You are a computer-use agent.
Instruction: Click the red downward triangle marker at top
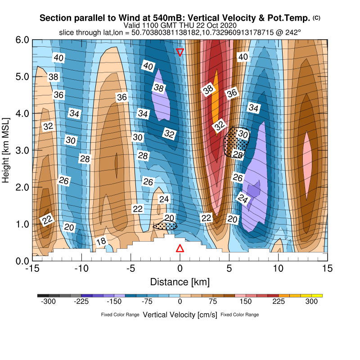tap(180, 52)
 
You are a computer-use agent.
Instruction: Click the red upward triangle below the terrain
tap(180, 248)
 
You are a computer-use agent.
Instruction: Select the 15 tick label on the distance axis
tap(328, 269)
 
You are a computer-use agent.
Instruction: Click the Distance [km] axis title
tap(180, 282)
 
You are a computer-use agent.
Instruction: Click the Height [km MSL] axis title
tap(6, 150)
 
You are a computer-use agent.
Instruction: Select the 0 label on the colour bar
tap(180, 302)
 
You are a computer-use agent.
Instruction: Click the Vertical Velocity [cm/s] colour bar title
tap(180, 315)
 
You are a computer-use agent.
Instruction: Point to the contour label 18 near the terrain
tap(102, 242)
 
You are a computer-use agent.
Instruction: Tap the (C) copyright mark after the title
tap(316, 18)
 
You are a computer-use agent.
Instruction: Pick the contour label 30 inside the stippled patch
tap(243, 134)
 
